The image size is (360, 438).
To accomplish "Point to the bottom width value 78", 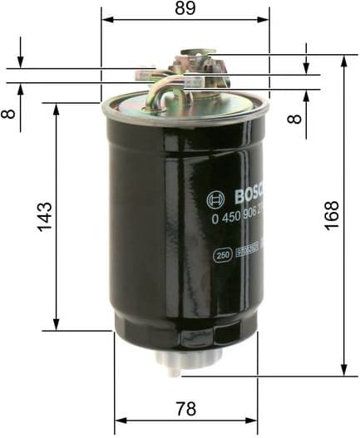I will tap(185, 408).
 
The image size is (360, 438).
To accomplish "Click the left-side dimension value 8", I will tap(9, 111).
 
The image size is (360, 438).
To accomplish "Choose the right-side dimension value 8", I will tap(293, 116).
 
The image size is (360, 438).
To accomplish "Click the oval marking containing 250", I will tap(222, 254).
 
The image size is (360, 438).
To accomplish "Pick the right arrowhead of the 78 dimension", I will tap(253, 420).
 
